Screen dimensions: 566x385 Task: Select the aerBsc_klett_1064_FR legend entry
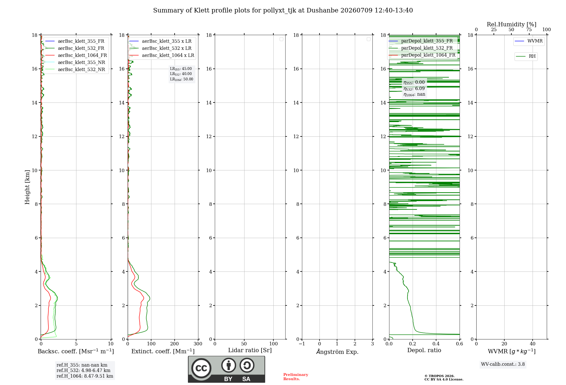pos(76,55)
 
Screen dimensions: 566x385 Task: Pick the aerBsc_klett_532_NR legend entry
pos(75,70)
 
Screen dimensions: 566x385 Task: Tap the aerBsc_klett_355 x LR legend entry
pos(160,41)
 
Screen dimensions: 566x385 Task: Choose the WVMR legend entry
pos(529,41)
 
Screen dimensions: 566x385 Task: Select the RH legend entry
pos(526,56)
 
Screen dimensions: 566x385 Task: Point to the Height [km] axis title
pos(27,187)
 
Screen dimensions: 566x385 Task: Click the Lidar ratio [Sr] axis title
pos(250,350)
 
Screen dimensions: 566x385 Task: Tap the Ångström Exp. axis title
pos(337,351)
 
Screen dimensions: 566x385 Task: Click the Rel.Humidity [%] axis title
pos(512,24)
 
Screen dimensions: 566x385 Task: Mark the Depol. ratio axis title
pos(424,350)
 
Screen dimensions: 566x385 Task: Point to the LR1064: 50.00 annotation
pos(181,79)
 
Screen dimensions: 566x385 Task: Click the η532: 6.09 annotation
pos(414,89)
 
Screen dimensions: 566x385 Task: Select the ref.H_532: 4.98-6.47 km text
pos(83,371)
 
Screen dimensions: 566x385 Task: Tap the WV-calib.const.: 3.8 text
pos(503,364)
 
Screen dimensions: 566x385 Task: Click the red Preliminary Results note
pos(295,377)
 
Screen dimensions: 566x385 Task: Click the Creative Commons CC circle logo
pos(201,368)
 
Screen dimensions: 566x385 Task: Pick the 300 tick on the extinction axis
pos(198,344)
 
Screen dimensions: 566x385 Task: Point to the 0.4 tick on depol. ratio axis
pos(436,344)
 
